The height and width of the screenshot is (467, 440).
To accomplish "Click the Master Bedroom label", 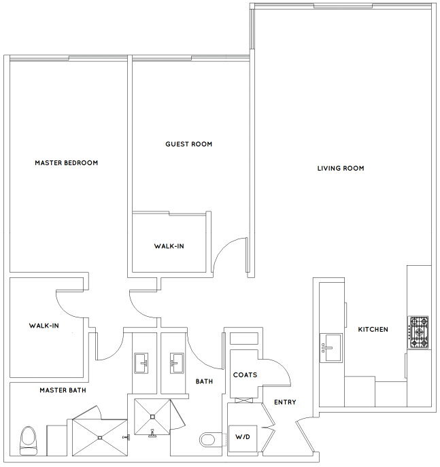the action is (x=66, y=163).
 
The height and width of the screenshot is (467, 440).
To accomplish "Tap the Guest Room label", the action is (x=188, y=144).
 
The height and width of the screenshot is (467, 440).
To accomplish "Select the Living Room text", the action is (x=341, y=169).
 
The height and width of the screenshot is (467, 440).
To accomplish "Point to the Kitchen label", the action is (x=373, y=330).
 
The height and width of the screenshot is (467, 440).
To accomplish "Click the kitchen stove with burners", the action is (x=418, y=332).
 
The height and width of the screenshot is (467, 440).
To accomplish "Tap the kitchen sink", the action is (x=331, y=348).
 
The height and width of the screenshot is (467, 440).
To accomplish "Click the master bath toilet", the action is (x=28, y=440).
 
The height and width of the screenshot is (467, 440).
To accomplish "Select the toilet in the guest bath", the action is (x=211, y=440).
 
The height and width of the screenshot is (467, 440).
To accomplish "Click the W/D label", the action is (x=243, y=437).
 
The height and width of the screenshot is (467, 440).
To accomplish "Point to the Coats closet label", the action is (x=245, y=375).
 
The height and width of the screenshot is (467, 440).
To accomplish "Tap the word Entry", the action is (x=285, y=402).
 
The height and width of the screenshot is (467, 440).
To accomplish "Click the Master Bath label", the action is (x=63, y=390).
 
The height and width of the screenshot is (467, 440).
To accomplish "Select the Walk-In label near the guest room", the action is (x=169, y=246).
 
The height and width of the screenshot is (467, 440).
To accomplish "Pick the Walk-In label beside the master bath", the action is (x=44, y=326).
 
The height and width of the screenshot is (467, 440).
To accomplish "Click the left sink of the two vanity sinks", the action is (x=141, y=363).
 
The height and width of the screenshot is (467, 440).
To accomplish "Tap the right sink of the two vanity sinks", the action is (x=177, y=363).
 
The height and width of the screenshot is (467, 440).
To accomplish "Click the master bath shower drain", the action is (x=100, y=438).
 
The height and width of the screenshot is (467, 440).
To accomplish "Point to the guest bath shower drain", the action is (x=152, y=417).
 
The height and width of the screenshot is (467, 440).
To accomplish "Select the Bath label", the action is (x=204, y=381).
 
